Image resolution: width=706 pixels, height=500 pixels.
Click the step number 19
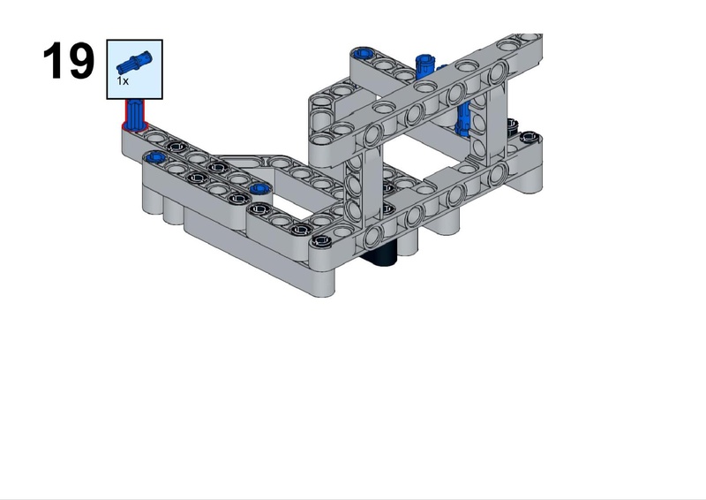(x=69, y=61)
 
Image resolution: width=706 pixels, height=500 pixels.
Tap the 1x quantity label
(x=123, y=81)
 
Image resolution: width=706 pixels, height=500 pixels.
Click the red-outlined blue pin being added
(x=135, y=115)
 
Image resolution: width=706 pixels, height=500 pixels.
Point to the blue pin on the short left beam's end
(x=155, y=157)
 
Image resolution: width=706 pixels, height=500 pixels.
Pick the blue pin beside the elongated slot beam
(x=259, y=188)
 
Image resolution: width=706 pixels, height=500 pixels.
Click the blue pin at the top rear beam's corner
(x=363, y=54)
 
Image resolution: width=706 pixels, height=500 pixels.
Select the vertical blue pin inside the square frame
(x=462, y=118)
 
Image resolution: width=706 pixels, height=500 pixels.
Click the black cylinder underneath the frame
(x=381, y=256)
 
